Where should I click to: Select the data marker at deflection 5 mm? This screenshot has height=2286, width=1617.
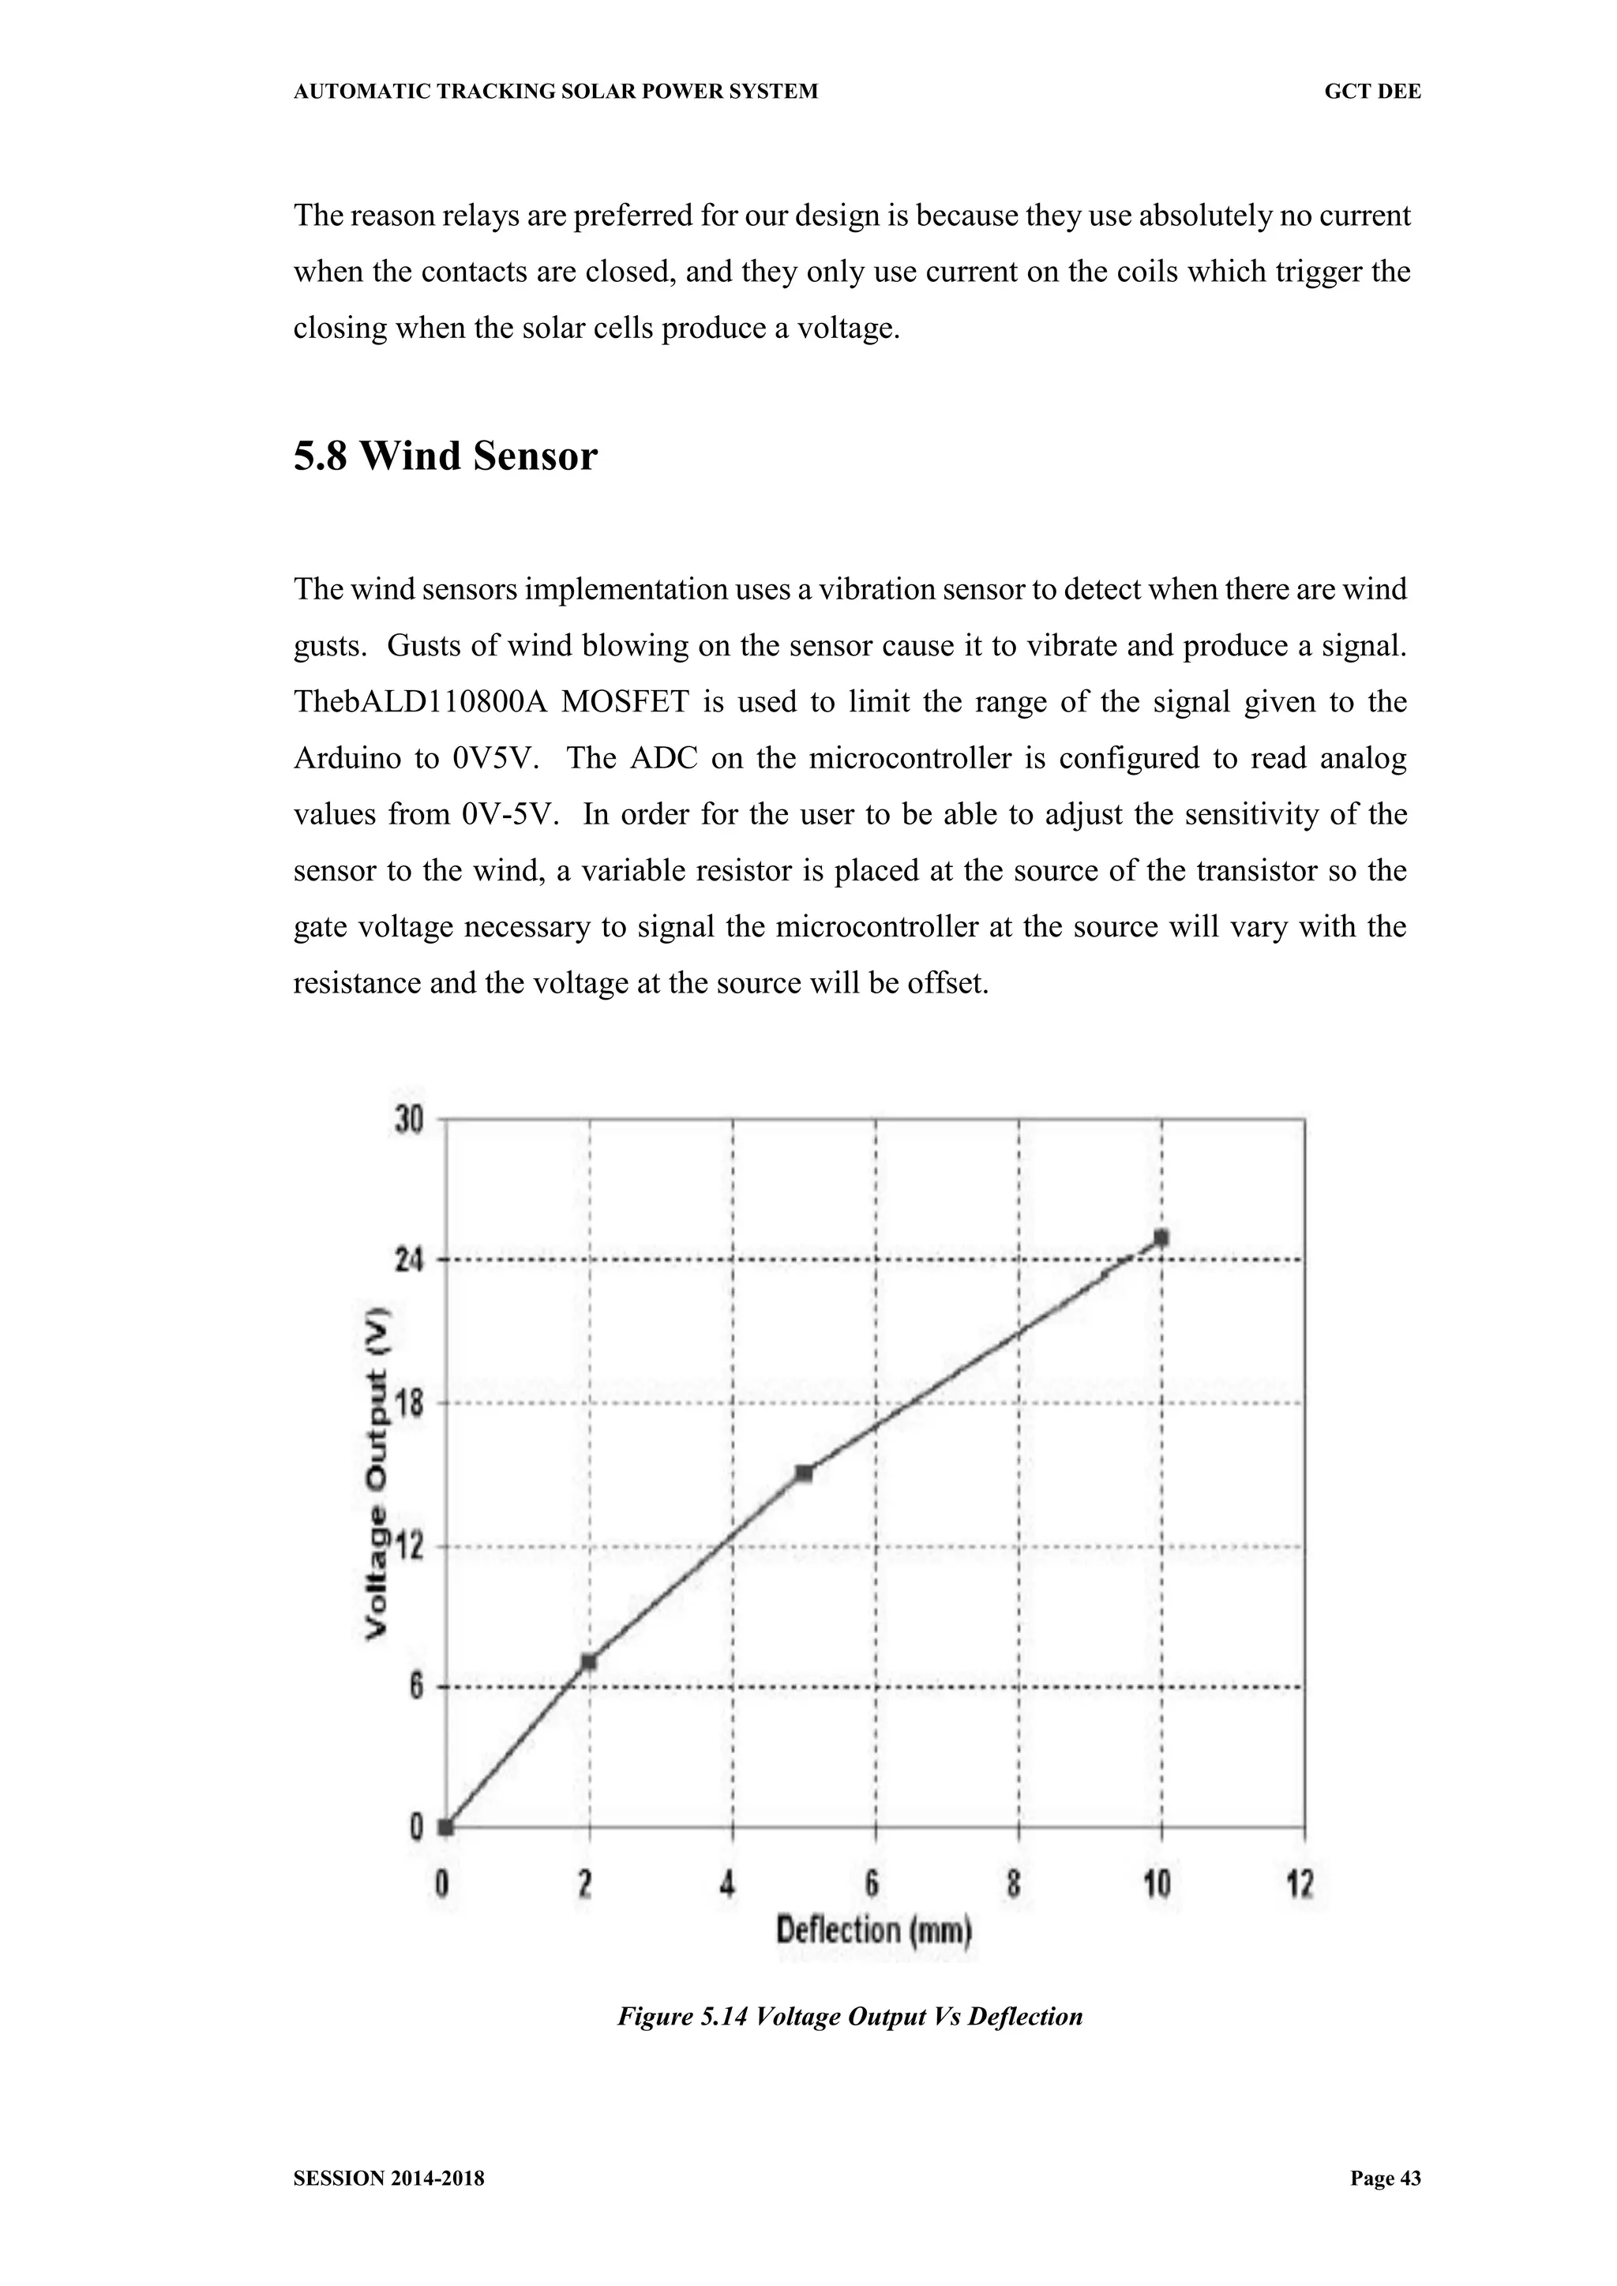point(805,1473)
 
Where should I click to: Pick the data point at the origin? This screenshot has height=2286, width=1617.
point(446,1827)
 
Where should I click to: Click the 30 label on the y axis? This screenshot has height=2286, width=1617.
point(409,1120)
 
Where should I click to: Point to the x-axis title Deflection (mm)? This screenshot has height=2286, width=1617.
point(873,1931)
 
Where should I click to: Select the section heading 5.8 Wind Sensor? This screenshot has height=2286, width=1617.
point(445,456)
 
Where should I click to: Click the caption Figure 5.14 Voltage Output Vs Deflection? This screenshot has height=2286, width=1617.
point(850,2018)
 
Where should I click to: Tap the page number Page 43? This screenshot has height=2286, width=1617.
point(1385,2179)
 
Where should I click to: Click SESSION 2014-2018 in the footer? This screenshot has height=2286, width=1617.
point(389,2179)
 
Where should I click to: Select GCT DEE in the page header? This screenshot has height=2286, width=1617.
point(1372,92)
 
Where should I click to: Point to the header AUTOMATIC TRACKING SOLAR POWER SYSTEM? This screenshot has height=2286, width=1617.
point(556,92)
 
